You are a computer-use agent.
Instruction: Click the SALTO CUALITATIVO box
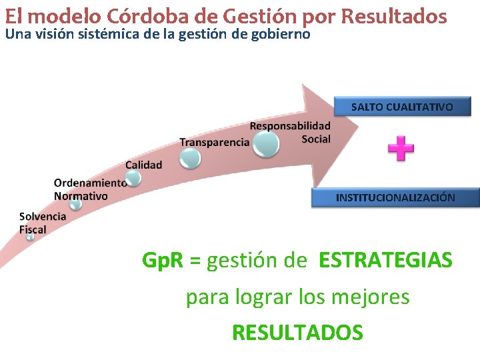pyautogui.click(x=401, y=107)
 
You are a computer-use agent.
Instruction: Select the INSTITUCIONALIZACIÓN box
pyautogui.click(x=395, y=197)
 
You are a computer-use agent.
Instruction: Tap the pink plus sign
pyautogui.click(x=401, y=149)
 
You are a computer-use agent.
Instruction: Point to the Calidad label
pyautogui.click(x=143, y=165)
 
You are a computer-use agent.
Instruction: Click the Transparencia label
pyautogui.click(x=214, y=142)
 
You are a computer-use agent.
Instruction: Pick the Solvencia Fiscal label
pyautogui.click(x=42, y=223)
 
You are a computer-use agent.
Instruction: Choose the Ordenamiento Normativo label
pyautogui.click(x=90, y=189)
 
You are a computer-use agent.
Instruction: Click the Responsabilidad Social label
pyautogui.click(x=290, y=132)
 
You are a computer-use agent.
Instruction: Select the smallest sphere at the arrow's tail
pyautogui.click(x=30, y=237)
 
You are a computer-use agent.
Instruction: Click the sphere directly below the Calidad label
pyautogui.click(x=133, y=178)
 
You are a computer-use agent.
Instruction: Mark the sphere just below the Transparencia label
pyautogui.click(x=190, y=158)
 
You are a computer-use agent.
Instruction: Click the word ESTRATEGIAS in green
pyautogui.click(x=385, y=260)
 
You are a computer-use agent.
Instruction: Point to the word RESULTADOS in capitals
pyautogui.click(x=297, y=332)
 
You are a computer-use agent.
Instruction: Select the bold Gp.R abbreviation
pyautogui.click(x=163, y=260)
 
